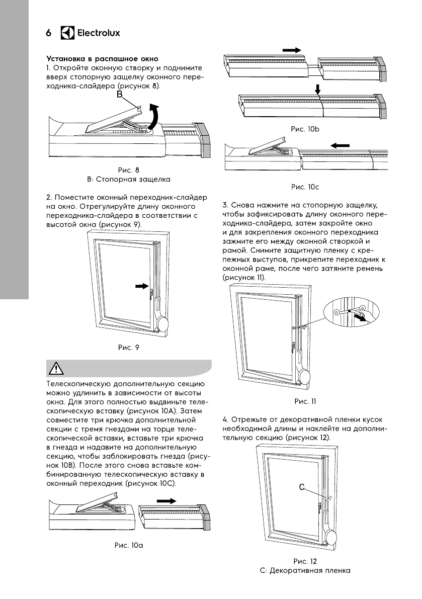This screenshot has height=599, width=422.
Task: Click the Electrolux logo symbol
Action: (67, 33)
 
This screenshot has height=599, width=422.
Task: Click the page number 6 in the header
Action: (49, 34)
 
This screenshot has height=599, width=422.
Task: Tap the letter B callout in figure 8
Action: (120, 95)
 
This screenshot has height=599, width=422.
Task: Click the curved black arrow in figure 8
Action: (155, 116)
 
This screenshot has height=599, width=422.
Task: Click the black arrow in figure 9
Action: (143, 286)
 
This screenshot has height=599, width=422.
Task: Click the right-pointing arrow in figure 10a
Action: (166, 501)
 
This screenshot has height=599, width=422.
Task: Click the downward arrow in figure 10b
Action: (317, 90)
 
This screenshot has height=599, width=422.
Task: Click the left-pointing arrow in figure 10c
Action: (340, 145)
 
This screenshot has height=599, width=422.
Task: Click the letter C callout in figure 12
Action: (302, 487)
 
